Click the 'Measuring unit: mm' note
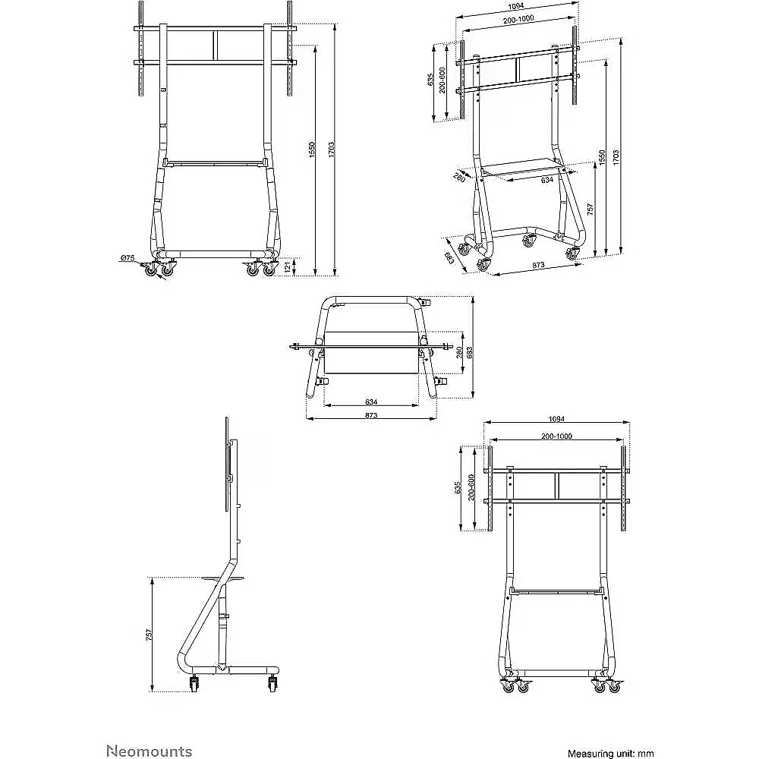pos(610,753)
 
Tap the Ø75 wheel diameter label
pos(127,258)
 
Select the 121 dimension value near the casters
pos(287,266)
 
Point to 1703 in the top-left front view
pos(331,150)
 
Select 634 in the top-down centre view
pos(371,402)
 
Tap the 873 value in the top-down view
pos(371,415)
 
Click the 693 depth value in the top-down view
pos(470,352)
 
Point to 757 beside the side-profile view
pos(149,635)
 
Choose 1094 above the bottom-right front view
pos(556,419)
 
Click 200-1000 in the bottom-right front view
pos(556,436)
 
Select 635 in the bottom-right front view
pos(458,488)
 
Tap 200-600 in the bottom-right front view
pos(471,488)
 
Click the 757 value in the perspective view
pos(590,209)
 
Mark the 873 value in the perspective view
pos(538,265)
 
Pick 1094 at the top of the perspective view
pos(516,6)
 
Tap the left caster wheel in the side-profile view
pos(195,684)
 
